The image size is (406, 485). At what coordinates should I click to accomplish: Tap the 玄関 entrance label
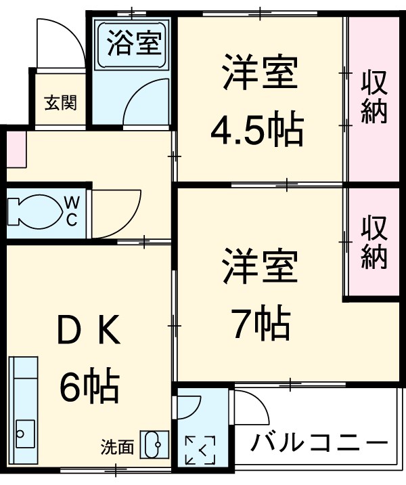coord(61,103)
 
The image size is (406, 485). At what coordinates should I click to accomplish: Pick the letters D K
coord(89,331)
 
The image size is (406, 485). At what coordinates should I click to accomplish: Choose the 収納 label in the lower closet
coord(374,242)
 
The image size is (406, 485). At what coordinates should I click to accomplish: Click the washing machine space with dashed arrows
coord(200,448)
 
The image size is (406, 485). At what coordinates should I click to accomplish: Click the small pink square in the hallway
coord(16,150)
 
